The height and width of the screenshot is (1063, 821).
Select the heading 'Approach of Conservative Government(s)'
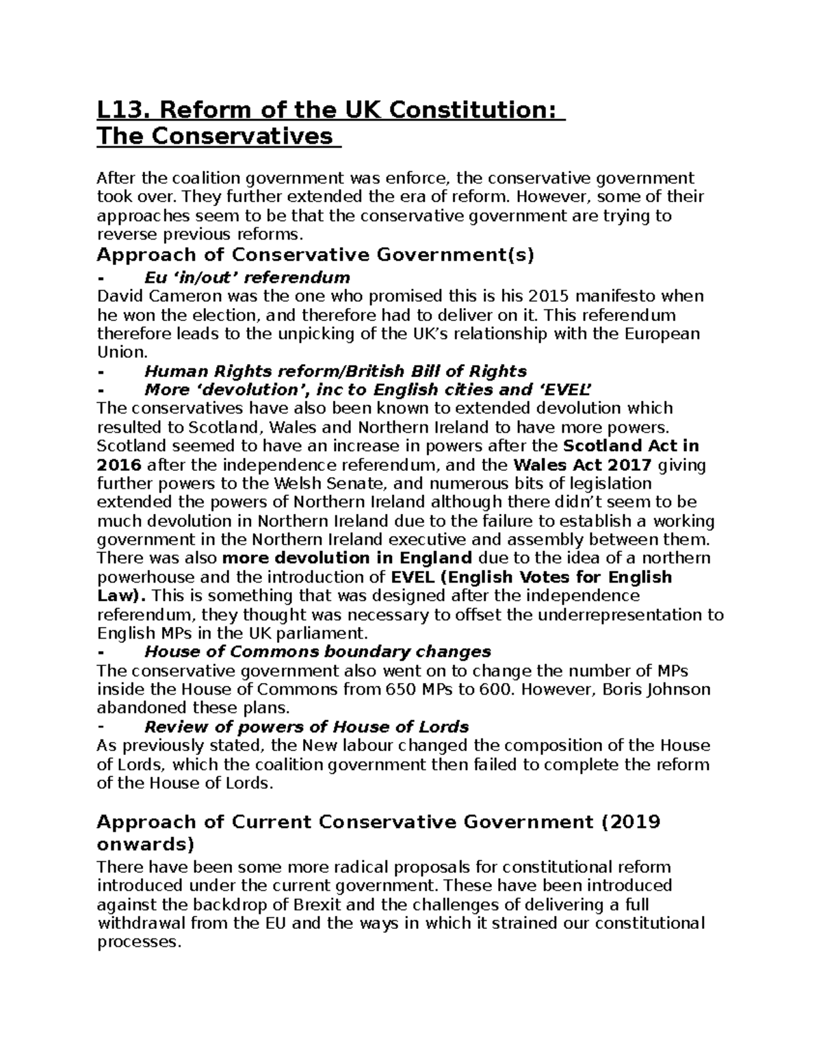pyautogui.click(x=315, y=255)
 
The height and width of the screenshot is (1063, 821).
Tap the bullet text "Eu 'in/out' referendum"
pyautogui.click(x=247, y=278)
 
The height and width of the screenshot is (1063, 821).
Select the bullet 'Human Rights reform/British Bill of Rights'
pyautogui.click(x=335, y=371)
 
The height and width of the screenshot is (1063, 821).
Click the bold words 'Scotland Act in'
pyautogui.click(x=630, y=446)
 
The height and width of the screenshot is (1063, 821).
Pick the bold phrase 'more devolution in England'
pyautogui.click(x=348, y=558)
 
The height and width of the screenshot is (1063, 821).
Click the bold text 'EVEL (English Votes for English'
pyautogui.click(x=531, y=577)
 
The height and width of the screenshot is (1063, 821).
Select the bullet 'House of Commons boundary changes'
pyautogui.click(x=317, y=652)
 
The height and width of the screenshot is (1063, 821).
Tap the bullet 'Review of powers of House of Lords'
pyautogui.click(x=307, y=727)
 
